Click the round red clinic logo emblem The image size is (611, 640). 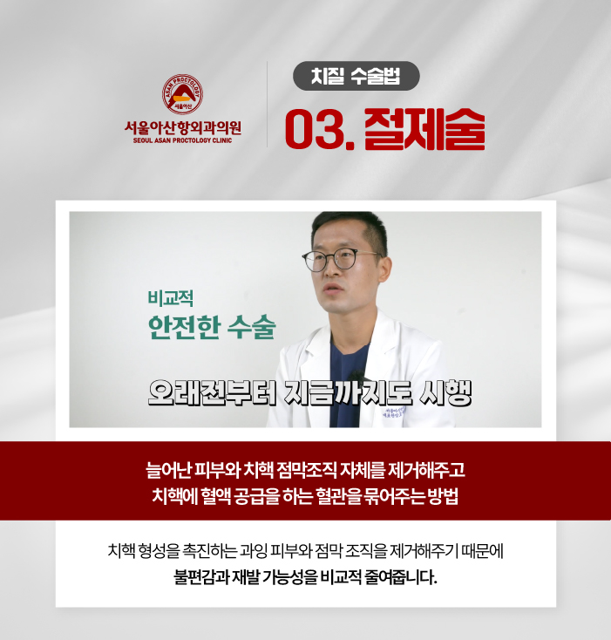pos(182,94)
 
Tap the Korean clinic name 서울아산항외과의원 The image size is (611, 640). pos(183,128)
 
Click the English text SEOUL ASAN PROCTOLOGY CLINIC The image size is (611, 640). pos(182,140)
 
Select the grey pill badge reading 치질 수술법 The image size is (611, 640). pos(356,76)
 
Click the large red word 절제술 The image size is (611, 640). pos(424,129)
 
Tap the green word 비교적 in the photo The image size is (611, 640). pos(171,298)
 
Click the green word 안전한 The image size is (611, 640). pos(184,327)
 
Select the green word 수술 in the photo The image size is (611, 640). pos(251,327)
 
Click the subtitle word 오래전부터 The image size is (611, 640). pos(212,393)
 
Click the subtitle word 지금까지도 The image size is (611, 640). pos(348,393)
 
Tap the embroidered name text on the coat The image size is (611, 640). pos(393,412)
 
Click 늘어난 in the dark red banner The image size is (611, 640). pos(168,470)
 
